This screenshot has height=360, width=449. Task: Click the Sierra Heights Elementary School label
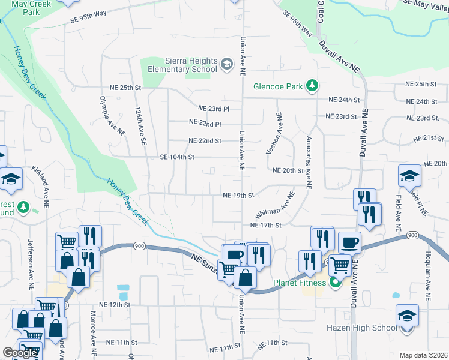[x=191, y=65]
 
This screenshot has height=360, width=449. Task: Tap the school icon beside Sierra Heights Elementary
[x=227, y=64]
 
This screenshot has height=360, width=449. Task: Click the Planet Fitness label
[x=300, y=283]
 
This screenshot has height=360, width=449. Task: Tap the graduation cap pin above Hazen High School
[x=406, y=316]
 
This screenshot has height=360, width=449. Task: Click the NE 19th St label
[x=238, y=195]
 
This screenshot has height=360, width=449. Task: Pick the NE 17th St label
[x=265, y=225]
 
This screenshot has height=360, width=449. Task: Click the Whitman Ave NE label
[x=274, y=205]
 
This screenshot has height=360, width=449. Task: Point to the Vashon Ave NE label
[x=279, y=132]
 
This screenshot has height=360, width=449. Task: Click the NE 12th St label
[x=114, y=305]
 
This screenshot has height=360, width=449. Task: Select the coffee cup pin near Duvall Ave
[x=349, y=242]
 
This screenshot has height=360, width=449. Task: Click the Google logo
[x=19, y=353]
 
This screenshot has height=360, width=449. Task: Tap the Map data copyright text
[x=424, y=355]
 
